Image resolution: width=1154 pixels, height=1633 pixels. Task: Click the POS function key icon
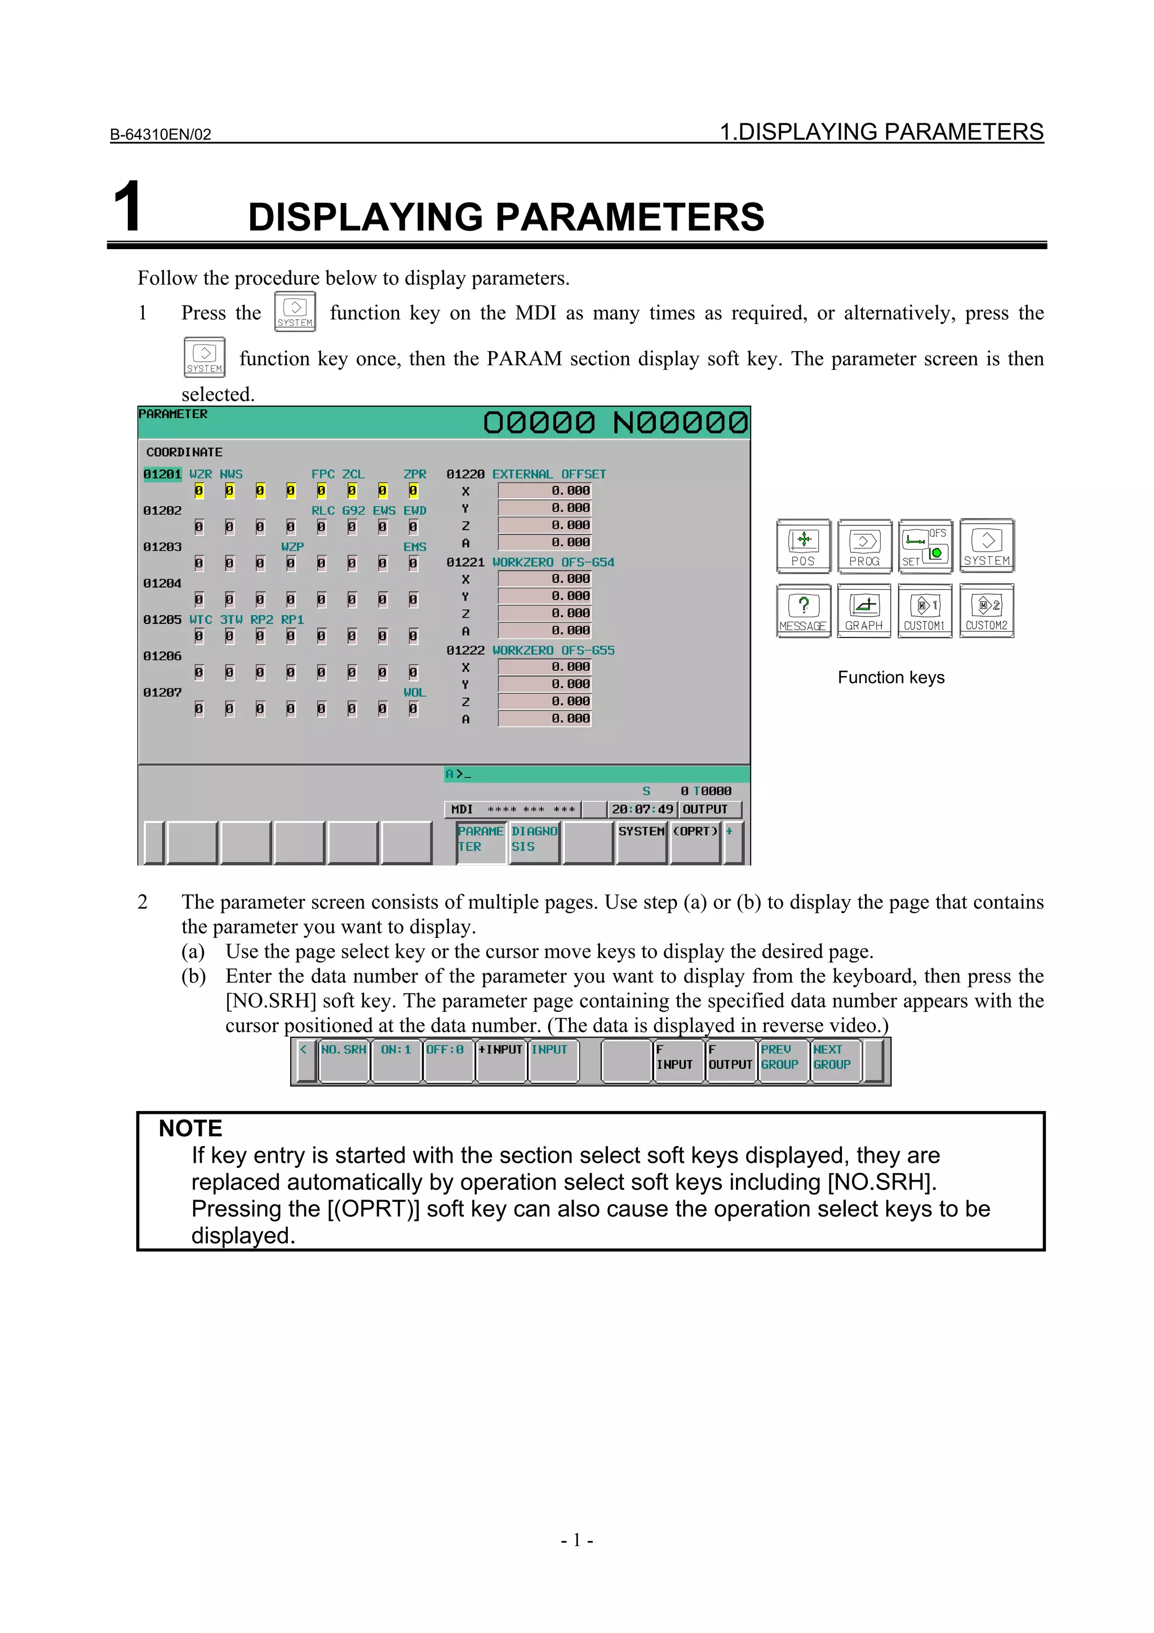pos(804,546)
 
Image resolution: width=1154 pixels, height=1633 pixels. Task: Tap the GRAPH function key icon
pos(864,611)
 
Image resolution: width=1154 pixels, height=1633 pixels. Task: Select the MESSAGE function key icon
pos(804,611)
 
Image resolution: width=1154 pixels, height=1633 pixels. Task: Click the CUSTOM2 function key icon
pos(986,611)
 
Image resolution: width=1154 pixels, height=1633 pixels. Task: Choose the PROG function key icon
pos(864,546)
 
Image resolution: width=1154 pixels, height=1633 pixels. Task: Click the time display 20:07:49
pos(642,809)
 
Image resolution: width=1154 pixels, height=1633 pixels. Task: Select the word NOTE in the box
pos(190,1129)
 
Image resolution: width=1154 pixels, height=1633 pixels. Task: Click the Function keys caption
pos(891,678)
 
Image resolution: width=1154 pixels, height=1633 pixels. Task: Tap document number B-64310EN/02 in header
pos(161,134)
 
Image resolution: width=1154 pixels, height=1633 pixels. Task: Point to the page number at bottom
pos(576,1540)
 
